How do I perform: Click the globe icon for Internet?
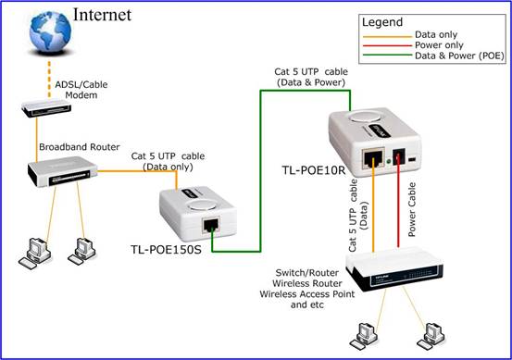click(x=50, y=31)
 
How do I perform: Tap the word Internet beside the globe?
click(x=102, y=15)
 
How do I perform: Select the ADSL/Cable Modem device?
click(x=46, y=108)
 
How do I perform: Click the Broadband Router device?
click(x=62, y=171)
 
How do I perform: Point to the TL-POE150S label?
click(x=166, y=249)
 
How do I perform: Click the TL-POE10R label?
click(x=314, y=169)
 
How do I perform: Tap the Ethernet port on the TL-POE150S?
click(x=210, y=225)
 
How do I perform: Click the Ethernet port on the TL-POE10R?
click(x=373, y=158)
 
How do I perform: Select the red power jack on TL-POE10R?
click(x=398, y=156)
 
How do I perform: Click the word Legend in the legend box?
click(x=382, y=22)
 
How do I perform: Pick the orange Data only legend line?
click(x=387, y=37)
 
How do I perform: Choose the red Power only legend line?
click(x=387, y=45)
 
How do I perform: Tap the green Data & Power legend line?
click(x=387, y=55)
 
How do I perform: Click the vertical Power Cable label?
click(x=412, y=209)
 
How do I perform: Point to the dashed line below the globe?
click(x=49, y=79)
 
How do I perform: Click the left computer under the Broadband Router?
click(x=35, y=254)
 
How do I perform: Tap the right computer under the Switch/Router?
click(x=431, y=336)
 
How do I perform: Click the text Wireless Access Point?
click(x=307, y=294)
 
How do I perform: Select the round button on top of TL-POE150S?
click(x=203, y=205)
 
